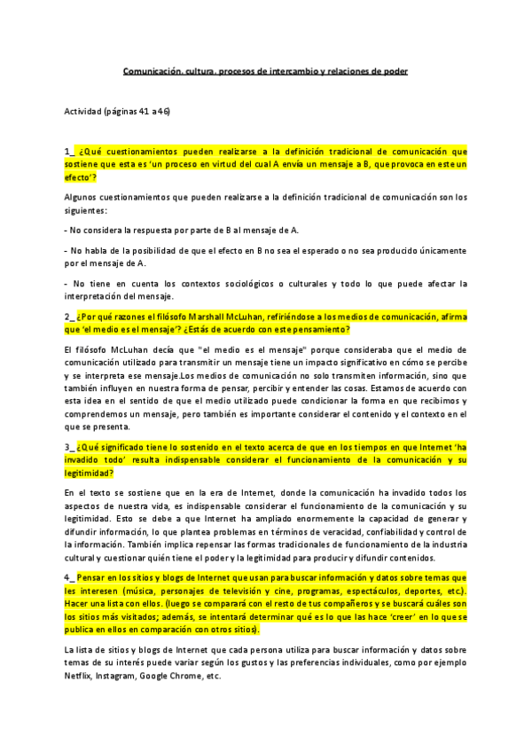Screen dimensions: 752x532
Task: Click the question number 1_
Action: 68,152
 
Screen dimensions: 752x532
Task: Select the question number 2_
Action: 68,317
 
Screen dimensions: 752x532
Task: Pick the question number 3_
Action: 68,448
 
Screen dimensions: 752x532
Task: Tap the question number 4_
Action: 68,577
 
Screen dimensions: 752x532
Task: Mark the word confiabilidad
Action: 387,532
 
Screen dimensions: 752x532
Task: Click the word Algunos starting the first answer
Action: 82,197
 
